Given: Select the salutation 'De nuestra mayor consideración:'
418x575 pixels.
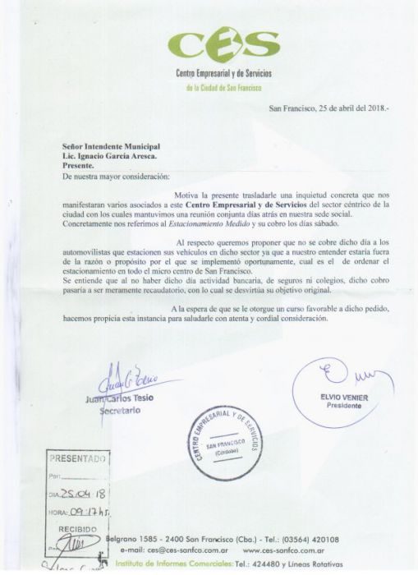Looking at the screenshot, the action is pos(116,177).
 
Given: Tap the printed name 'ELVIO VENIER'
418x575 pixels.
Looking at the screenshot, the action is pos(338,398).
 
